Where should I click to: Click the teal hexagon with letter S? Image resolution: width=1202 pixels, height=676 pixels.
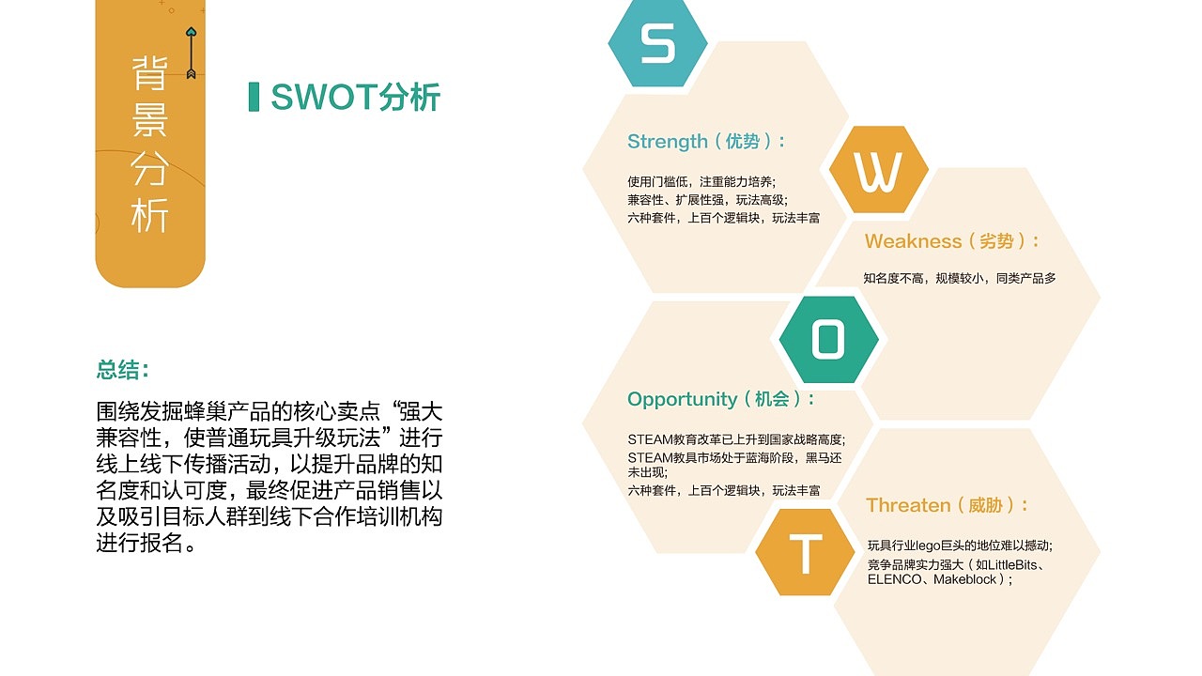click(x=657, y=44)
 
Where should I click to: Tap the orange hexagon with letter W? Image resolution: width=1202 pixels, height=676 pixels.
click(x=878, y=171)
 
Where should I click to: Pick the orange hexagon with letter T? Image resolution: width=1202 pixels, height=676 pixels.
click(x=805, y=553)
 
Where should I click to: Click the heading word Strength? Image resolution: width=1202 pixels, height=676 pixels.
click(x=668, y=142)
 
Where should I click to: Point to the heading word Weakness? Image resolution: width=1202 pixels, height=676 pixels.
click(x=914, y=241)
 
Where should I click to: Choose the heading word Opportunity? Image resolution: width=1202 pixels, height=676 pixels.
click(x=683, y=399)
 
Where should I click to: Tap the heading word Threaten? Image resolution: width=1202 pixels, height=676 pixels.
click(x=908, y=505)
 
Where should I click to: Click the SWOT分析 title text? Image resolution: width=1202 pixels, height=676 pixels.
click(x=355, y=98)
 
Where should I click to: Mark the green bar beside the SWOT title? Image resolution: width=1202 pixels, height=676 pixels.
click(x=254, y=97)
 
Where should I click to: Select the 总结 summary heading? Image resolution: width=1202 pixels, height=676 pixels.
click(x=123, y=370)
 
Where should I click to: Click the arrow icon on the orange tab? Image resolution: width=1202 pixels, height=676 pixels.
click(x=191, y=52)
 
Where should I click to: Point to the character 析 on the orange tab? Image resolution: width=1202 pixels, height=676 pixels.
click(x=149, y=217)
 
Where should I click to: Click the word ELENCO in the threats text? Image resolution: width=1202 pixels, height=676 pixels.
click(x=895, y=580)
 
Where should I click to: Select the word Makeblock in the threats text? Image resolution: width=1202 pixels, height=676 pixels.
click(x=965, y=580)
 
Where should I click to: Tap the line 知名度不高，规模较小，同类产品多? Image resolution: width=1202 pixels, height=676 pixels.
click(x=960, y=278)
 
